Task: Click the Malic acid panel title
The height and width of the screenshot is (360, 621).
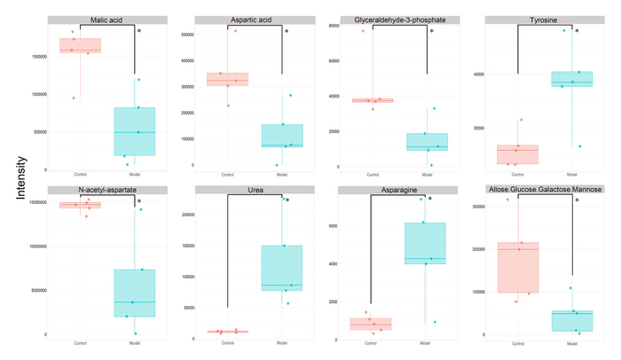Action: pyautogui.click(x=106, y=20)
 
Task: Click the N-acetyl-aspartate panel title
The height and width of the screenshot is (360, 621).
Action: pyautogui.click(x=106, y=191)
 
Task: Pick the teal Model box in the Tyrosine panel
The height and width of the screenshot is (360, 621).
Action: pyautogui.click(x=571, y=79)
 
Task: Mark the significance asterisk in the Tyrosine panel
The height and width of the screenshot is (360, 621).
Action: pyautogui.click(x=577, y=32)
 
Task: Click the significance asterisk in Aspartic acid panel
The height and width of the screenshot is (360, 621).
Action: pyautogui.click(x=287, y=32)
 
